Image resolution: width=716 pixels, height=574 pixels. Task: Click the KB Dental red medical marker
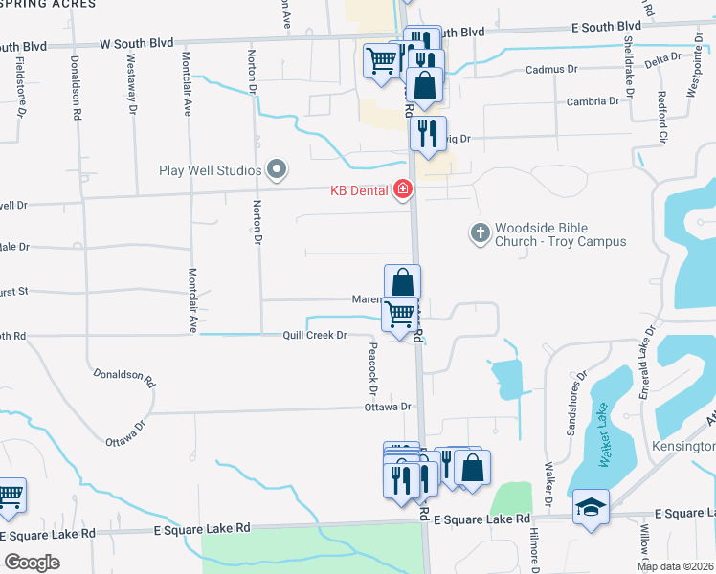click(403, 190)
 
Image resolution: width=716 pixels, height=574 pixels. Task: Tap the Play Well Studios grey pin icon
click(278, 170)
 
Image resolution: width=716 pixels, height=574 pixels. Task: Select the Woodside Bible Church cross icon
click(480, 231)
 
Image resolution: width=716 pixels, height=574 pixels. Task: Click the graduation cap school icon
click(591, 507)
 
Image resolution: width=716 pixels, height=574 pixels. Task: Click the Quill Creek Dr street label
click(313, 335)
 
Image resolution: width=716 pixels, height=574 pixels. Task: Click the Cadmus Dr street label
click(553, 70)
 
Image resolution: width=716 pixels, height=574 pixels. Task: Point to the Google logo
click(33, 562)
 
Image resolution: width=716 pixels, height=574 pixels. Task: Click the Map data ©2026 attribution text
click(676, 566)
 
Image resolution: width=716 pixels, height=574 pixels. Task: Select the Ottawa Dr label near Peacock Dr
click(387, 407)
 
